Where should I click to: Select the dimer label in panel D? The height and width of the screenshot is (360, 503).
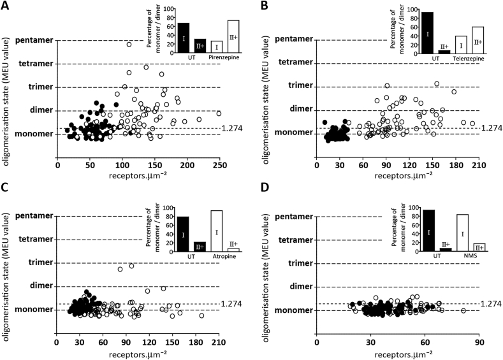[x=298, y=286]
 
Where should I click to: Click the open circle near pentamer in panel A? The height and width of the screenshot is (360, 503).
[x=129, y=45]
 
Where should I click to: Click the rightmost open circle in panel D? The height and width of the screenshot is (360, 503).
[x=463, y=310]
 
